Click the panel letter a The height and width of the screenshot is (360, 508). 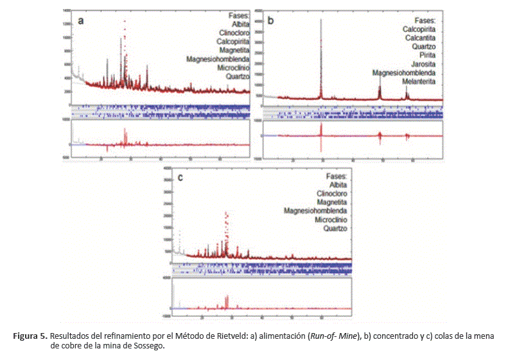[x=81, y=21]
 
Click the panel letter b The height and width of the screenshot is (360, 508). [x=270, y=21]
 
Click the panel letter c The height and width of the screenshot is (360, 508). [x=181, y=178]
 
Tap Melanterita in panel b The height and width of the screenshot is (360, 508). [x=419, y=82]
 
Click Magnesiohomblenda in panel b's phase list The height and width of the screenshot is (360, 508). [x=405, y=73]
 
